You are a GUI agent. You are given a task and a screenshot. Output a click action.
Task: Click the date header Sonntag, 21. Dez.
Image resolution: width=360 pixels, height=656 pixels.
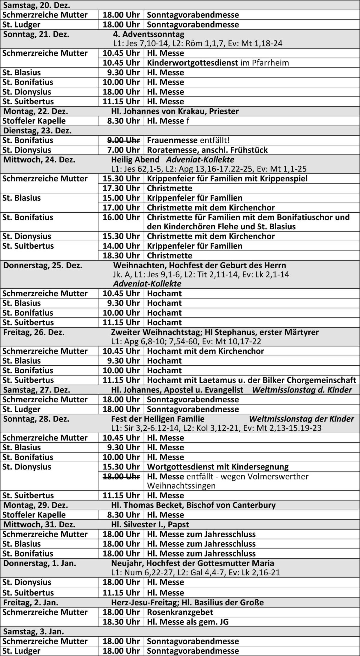(36, 34)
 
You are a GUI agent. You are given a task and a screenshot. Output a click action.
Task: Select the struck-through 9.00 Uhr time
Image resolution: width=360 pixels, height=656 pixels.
(121, 140)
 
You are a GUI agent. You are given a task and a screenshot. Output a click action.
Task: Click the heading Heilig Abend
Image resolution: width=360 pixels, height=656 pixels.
(135, 160)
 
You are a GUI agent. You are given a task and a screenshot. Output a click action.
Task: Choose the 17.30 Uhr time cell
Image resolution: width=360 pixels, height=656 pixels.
(121, 188)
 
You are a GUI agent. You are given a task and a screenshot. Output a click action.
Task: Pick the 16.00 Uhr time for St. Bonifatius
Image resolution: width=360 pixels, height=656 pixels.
(121, 217)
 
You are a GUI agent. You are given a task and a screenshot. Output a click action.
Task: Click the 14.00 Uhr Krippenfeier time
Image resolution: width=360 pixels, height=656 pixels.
(121, 246)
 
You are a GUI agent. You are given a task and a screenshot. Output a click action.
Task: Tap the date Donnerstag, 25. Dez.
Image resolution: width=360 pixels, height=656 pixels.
(43, 265)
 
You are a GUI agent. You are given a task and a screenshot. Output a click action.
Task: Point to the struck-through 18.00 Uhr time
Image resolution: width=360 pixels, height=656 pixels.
(121, 476)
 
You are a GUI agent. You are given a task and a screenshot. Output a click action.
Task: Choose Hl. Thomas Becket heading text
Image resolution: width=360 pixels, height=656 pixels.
(193, 505)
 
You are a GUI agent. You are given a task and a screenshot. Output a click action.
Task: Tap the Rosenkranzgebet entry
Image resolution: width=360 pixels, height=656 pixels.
(180, 612)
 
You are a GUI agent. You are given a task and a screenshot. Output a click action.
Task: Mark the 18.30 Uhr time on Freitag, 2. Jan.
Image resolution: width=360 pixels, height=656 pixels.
(121, 622)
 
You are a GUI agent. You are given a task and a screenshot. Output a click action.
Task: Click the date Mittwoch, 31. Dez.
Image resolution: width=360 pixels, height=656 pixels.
(39, 524)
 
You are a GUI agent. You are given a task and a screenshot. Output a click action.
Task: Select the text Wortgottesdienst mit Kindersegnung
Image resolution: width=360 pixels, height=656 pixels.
(218, 467)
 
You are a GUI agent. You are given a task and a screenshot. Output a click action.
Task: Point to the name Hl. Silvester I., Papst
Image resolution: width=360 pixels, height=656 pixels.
(150, 524)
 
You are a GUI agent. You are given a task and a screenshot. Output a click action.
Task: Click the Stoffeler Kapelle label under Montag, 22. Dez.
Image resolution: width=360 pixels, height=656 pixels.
(34, 121)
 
